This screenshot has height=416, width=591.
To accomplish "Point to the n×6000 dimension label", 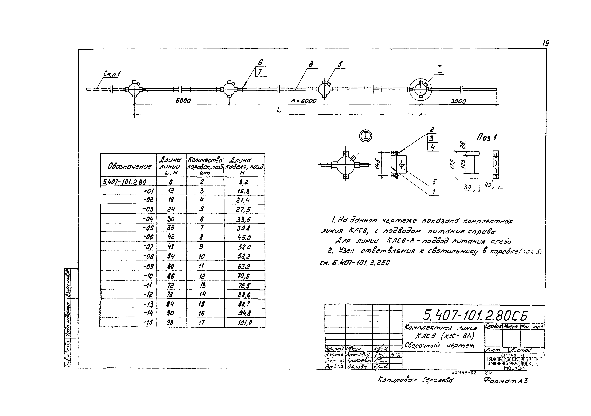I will tap(304, 101).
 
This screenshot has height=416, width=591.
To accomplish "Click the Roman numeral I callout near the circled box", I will tap(440, 69).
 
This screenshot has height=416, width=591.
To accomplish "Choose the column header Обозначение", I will tap(129, 167).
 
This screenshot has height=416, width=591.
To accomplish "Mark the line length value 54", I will tap(171, 256).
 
